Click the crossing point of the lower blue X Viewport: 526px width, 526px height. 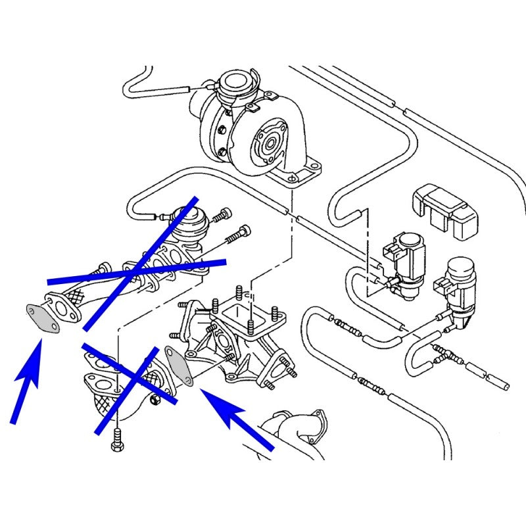tap(135, 379)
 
